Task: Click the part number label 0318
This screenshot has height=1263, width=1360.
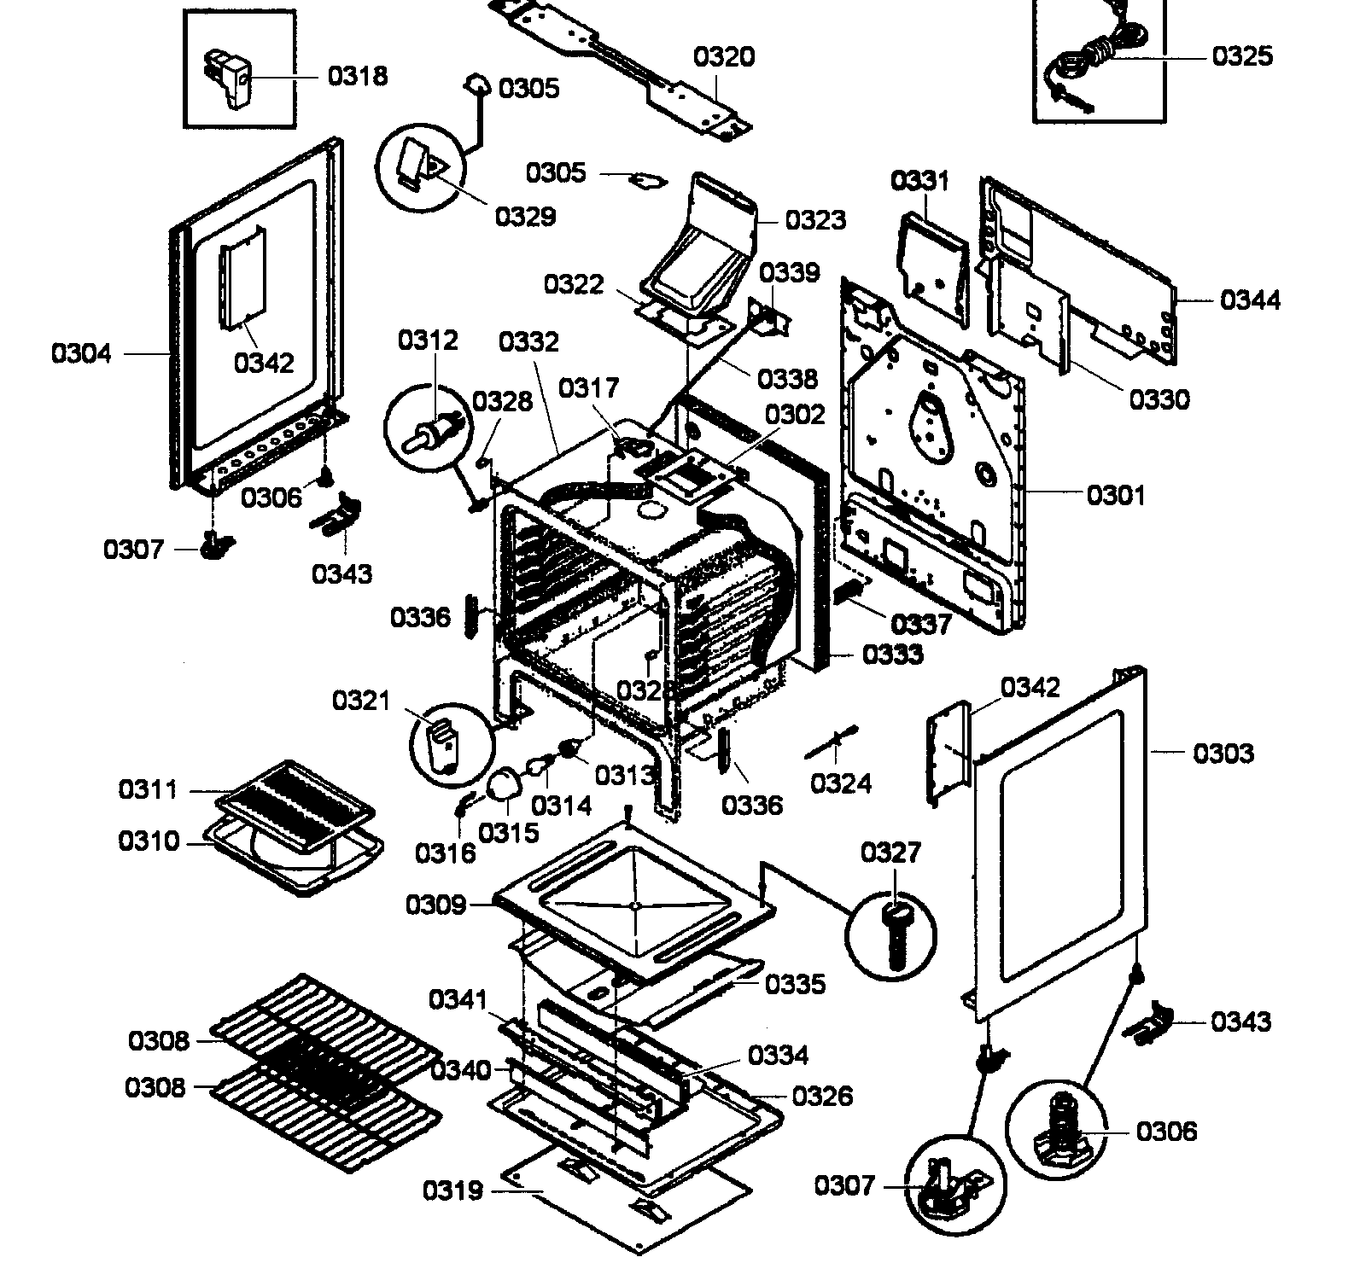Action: click(358, 76)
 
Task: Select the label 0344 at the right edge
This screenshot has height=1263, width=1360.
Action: click(1250, 300)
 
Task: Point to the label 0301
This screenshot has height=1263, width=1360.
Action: click(1116, 495)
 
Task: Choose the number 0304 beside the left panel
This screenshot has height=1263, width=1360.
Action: click(81, 353)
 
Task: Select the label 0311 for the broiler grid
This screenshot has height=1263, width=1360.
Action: click(148, 790)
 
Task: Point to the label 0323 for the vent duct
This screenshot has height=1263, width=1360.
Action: click(815, 220)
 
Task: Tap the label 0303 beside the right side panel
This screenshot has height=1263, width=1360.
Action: click(1223, 753)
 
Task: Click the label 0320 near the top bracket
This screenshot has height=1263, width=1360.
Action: click(723, 57)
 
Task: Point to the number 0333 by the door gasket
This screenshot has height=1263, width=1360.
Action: click(892, 655)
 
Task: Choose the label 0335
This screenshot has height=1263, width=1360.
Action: click(795, 984)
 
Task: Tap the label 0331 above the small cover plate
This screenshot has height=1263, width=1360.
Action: click(919, 181)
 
